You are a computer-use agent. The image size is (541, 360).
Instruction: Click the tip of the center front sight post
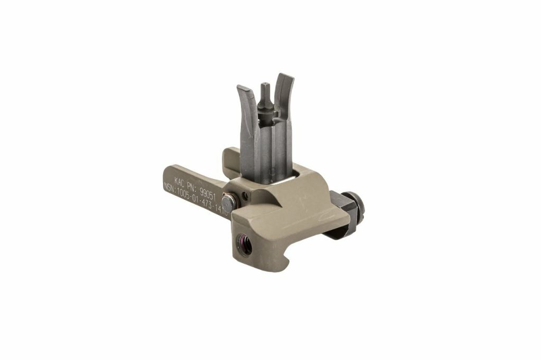265,86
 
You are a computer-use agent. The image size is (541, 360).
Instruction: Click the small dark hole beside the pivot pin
244,197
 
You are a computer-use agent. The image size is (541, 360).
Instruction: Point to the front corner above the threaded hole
238,219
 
